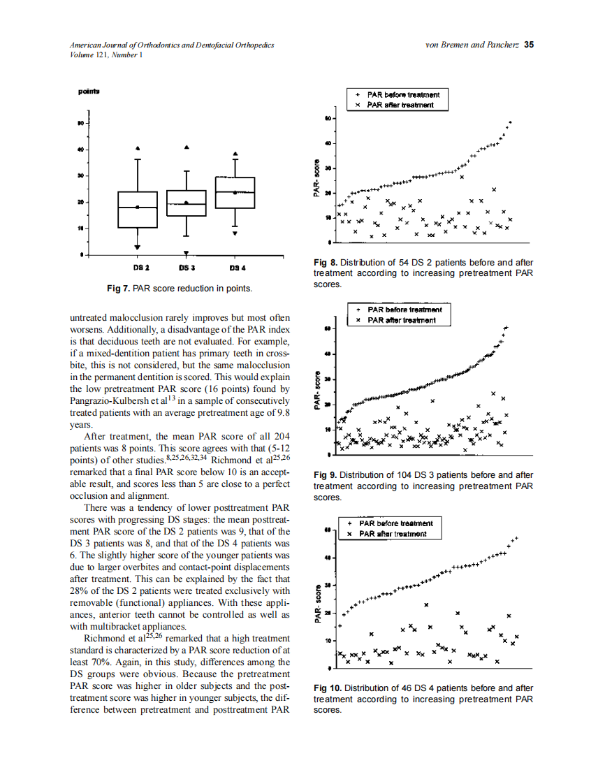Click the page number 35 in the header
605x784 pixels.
coord(529,45)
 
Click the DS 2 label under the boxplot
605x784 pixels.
coord(140,268)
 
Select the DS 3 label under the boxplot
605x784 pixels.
coord(187,268)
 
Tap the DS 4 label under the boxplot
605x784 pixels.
coord(237,268)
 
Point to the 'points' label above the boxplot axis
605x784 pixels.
coord(88,92)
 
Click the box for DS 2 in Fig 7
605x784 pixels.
coord(137,209)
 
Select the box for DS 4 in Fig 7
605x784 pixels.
coord(235,192)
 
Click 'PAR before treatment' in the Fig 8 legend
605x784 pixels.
coord(403,94)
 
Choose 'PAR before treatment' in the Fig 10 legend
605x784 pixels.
coord(395,523)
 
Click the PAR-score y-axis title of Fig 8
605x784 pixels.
coord(316,180)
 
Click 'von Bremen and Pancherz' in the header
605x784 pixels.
coord(471,45)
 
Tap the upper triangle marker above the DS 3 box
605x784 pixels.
coord(186,147)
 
